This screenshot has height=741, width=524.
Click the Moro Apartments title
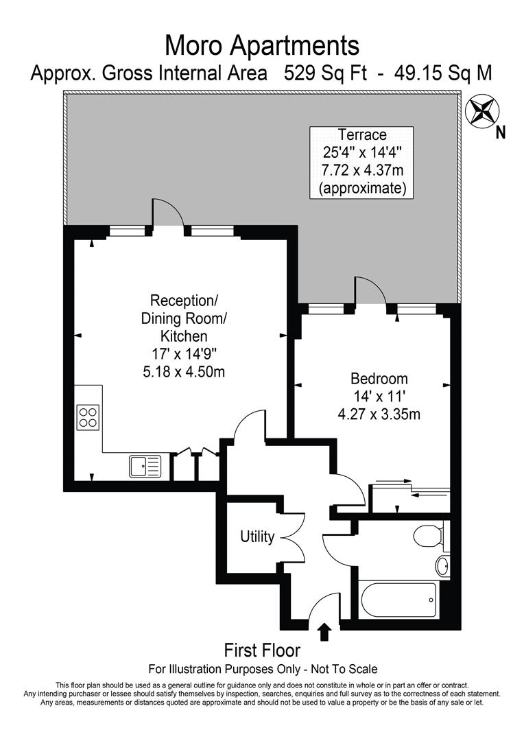[x=262, y=46]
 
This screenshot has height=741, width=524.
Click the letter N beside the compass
[x=501, y=132]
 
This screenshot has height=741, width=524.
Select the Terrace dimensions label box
[x=361, y=162]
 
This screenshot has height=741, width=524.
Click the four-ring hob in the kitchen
[x=88, y=417]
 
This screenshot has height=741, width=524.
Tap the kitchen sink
[x=144, y=466]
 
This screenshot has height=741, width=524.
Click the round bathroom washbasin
[x=442, y=566]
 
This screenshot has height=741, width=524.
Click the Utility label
[x=257, y=537]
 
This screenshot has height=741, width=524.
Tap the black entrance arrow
[x=324, y=631]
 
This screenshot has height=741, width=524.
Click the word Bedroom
[x=379, y=378]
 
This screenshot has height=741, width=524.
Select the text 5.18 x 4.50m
[x=183, y=372]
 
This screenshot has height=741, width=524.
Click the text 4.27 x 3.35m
[x=379, y=414]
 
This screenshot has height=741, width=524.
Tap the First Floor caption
[x=262, y=650]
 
